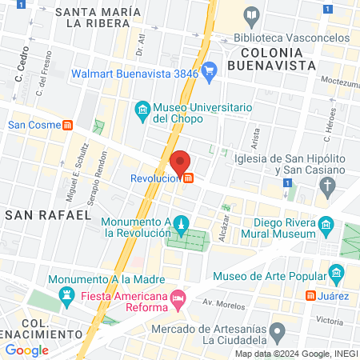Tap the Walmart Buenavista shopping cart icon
[x=210, y=71]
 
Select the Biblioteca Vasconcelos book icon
[x=252, y=15]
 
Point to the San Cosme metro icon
[x=69, y=125]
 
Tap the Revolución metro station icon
[x=188, y=179]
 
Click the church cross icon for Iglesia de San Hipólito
[x=327, y=187]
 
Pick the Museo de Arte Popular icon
[x=336, y=276]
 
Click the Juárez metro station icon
[x=310, y=295]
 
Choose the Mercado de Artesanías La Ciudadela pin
[x=277, y=330]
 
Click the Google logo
[x=26, y=350]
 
